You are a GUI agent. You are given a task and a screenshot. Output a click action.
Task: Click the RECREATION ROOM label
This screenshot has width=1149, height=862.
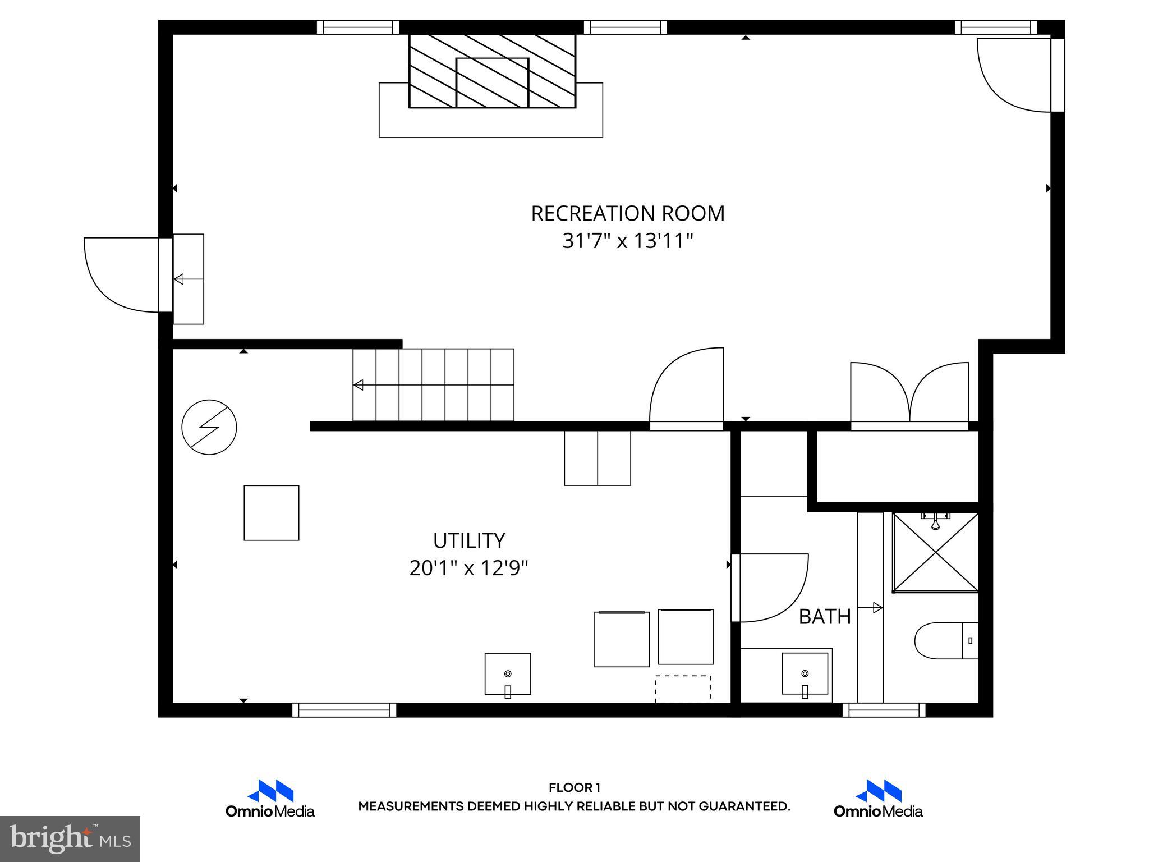[x=627, y=213]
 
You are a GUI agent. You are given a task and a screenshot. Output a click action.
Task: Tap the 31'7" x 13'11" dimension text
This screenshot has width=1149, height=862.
[x=627, y=241]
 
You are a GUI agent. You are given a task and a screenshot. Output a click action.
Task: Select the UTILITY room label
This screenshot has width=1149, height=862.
[x=468, y=540]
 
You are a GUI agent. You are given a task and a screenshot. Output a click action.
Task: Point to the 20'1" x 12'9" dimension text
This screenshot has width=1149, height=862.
[x=468, y=568]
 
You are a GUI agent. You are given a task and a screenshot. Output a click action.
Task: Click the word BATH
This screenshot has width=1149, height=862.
[x=824, y=617]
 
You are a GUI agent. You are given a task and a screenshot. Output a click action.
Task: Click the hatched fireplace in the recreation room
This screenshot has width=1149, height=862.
[x=492, y=71]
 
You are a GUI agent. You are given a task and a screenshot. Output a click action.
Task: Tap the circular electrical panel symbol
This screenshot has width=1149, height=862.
[x=209, y=427]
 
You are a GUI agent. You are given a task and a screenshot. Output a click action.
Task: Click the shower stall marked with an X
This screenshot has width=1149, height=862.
[x=935, y=552]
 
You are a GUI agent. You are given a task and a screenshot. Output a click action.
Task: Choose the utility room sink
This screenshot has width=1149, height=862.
[x=508, y=673]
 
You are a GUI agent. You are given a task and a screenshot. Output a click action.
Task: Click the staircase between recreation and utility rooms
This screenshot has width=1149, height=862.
[x=433, y=384]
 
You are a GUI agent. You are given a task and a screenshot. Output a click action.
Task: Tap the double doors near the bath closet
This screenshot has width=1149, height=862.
[x=909, y=394]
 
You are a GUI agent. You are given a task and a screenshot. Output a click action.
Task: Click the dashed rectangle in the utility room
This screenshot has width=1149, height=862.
[x=683, y=688]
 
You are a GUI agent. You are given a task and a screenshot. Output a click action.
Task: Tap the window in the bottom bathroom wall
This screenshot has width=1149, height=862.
[x=884, y=710]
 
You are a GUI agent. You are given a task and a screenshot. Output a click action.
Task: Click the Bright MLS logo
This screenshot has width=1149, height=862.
[x=70, y=839]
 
